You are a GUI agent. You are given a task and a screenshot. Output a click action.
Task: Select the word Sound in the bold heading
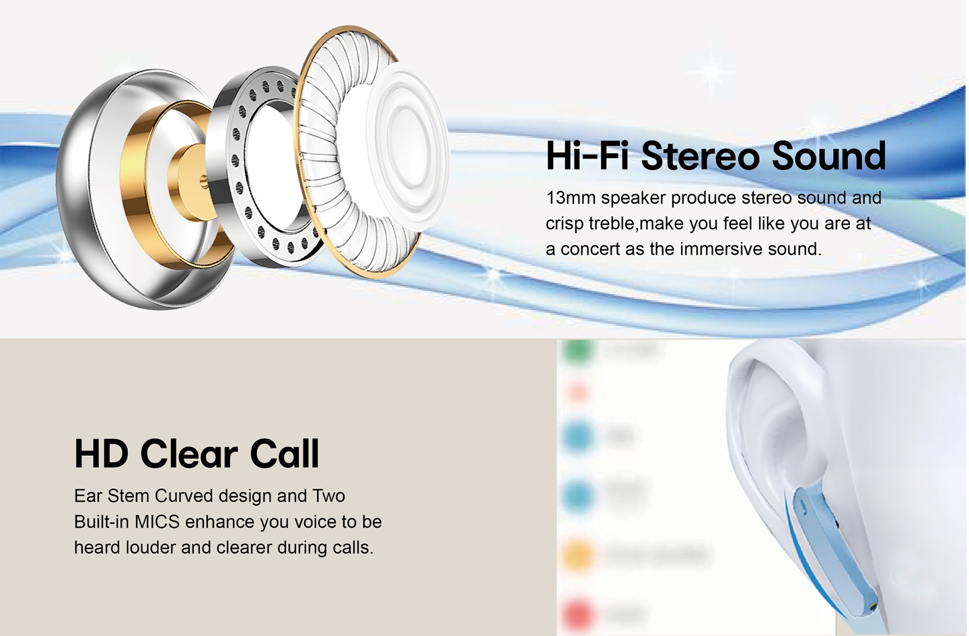(828, 156)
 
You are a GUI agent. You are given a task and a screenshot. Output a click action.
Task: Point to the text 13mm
(570, 198)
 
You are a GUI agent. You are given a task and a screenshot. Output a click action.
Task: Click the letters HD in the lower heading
(101, 454)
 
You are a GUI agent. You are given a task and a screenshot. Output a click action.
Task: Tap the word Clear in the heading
(189, 454)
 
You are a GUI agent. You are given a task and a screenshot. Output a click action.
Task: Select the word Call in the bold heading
(285, 454)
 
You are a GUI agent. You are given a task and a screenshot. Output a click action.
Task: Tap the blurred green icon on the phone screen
(578, 350)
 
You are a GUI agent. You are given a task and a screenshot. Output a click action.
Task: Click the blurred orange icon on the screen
(578, 555)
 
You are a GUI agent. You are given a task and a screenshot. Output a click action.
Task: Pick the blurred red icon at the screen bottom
(578, 613)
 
